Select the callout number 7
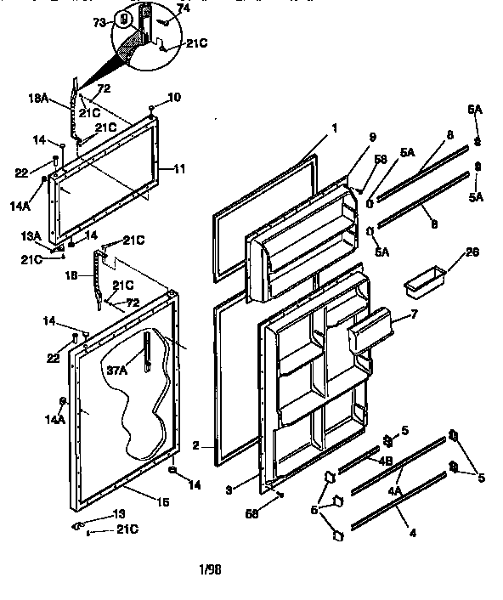(x=414, y=314)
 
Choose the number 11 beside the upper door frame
(x=178, y=169)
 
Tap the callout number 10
(x=173, y=97)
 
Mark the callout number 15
(x=162, y=501)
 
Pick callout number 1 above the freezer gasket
(x=334, y=128)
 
